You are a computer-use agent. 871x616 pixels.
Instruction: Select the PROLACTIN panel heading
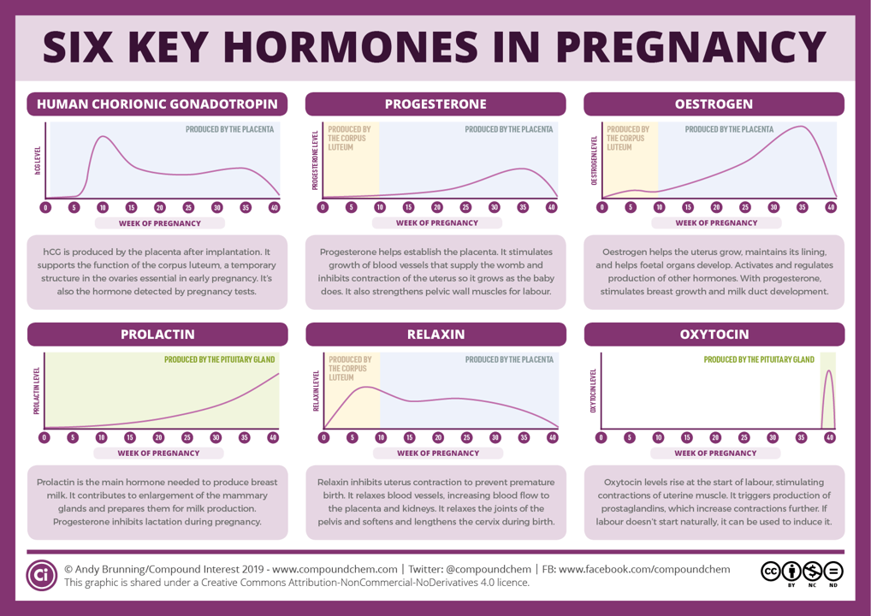[x=157, y=335]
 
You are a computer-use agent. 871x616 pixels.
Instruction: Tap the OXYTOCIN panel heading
[x=714, y=335]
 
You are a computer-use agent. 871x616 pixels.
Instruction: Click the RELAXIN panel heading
[x=435, y=335]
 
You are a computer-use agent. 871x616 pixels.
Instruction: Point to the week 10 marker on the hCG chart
[x=102, y=208]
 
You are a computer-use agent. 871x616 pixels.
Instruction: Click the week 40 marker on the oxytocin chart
[x=828, y=438]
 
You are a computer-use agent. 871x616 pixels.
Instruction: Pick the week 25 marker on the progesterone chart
[x=465, y=208]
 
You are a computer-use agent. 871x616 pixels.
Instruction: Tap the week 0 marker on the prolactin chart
[x=44, y=438]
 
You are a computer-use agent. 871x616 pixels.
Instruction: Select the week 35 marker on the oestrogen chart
[x=802, y=208]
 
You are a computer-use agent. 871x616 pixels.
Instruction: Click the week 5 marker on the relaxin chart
[x=352, y=438]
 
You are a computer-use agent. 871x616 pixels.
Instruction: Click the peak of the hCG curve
[x=103, y=136]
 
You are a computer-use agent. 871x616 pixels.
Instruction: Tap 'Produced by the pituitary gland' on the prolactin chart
[x=220, y=360]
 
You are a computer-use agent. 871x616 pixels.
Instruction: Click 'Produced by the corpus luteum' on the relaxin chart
[x=349, y=369]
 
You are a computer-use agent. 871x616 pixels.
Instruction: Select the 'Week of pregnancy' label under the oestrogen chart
[x=715, y=223]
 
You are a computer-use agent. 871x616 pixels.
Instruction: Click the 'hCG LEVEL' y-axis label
[x=38, y=160]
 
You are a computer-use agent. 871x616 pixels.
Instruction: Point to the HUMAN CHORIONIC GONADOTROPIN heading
[x=157, y=104]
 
